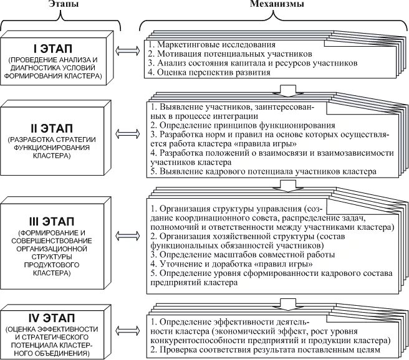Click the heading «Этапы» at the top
click(x=60, y=6)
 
